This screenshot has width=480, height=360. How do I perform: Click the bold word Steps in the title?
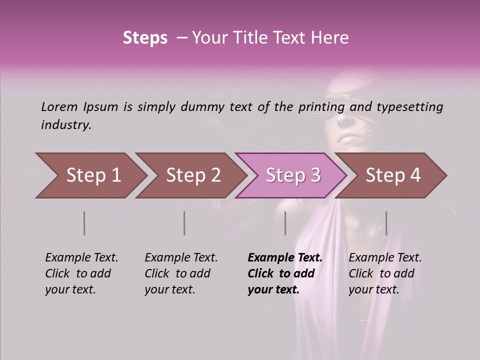(145, 38)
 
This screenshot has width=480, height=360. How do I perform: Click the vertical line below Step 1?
(84, 223)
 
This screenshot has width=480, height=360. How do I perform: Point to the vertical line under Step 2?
(184, 223)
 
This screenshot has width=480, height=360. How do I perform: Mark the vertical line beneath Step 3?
(285, 223)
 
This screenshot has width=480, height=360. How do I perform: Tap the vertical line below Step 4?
(386, 223)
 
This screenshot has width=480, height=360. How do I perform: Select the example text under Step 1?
(81, 273)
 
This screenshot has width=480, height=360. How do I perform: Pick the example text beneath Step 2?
(181, 273)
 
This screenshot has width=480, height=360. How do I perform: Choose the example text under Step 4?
(385, 273)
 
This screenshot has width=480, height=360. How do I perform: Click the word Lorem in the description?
(59, 107)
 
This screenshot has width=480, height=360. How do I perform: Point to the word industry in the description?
(65, 125)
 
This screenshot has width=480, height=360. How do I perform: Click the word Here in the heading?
(329, 38)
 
